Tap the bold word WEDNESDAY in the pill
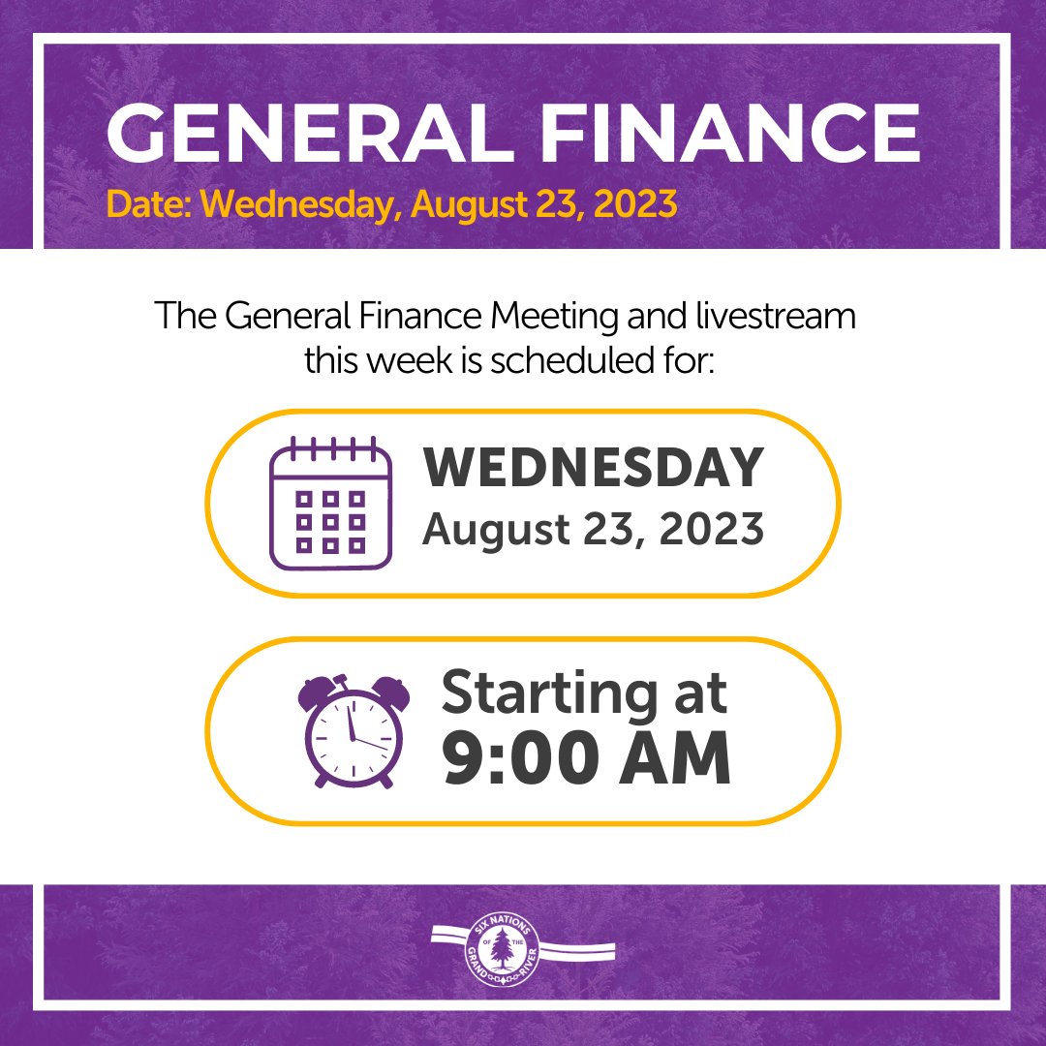coord(594,469)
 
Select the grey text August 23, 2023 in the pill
coord(593,530)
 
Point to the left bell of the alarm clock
coord(317,691)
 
